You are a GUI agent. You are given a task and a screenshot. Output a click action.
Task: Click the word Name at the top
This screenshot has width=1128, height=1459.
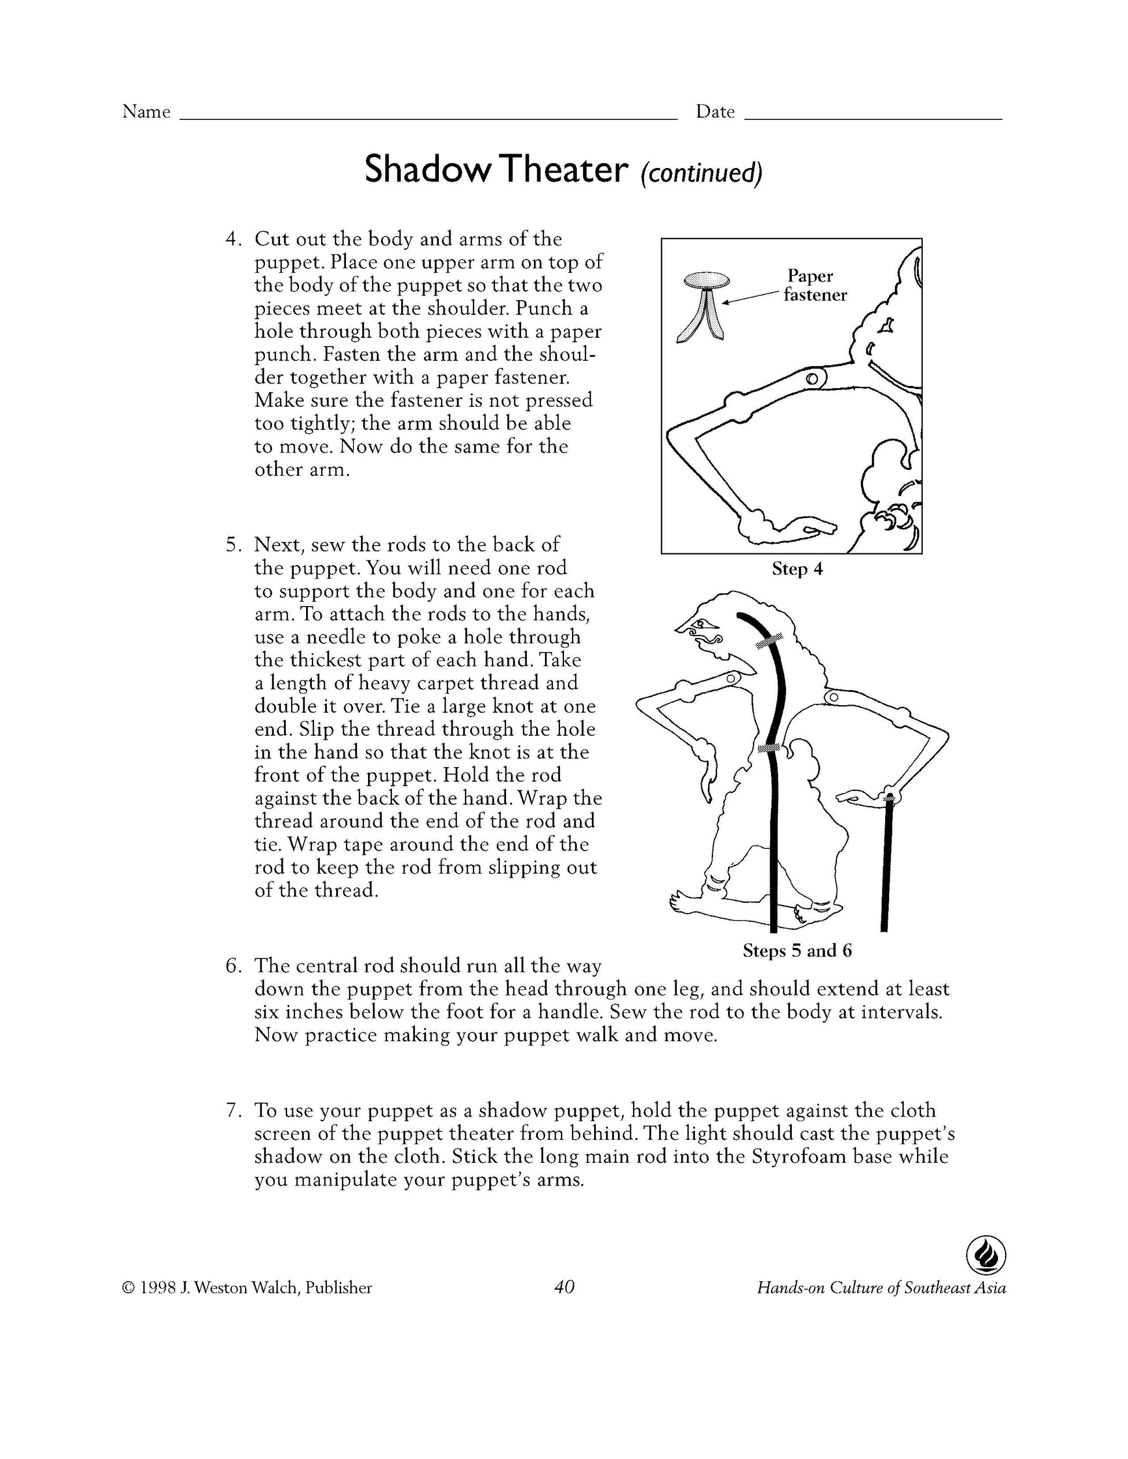click(x=145, y=112)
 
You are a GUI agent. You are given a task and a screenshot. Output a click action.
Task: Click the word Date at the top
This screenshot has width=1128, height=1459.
click(x=715, y=112)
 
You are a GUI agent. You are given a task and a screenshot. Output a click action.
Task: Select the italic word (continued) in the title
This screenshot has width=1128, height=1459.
click(x=701, y=172)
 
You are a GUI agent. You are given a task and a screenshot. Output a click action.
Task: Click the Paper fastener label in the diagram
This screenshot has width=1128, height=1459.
click(x=814, y=285)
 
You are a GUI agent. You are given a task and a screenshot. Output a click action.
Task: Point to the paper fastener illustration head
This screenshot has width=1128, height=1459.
click(x=707, y=279)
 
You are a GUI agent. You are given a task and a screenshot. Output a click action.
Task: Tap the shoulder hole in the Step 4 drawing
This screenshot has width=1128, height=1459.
click(x=812, y=379)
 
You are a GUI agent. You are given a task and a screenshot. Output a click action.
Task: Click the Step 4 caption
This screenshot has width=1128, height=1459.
click(x=796, y=569)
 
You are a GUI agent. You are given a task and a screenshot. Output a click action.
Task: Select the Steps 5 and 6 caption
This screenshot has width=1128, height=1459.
click(x=796, y=951)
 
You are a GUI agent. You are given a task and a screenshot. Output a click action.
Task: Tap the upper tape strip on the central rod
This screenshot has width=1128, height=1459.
click(x=769, y=642)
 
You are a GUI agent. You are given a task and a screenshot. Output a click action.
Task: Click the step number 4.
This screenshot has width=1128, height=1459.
click(x=231, y=239)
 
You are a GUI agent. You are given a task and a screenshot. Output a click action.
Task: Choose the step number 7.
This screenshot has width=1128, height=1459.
click(x=231, y=1110)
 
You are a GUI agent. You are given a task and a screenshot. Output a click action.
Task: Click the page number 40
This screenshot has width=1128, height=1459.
click(x=564, y=1287)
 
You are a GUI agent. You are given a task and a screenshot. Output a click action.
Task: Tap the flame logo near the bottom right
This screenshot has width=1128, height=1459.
click(x=985, y=1256)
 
